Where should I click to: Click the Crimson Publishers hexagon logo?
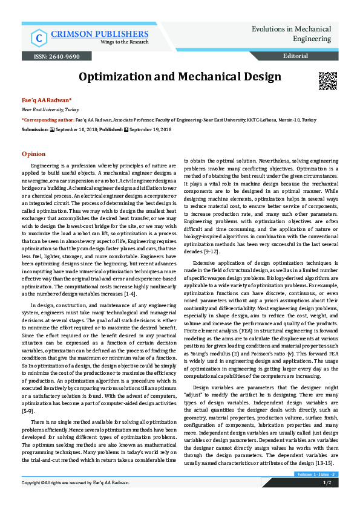[39, 37]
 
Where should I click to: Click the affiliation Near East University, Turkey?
[42, 110]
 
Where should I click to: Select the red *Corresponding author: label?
[48, 120]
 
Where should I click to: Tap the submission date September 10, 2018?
[75, 129]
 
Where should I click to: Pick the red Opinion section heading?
[33, 154]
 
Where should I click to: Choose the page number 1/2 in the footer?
[327, 483]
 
